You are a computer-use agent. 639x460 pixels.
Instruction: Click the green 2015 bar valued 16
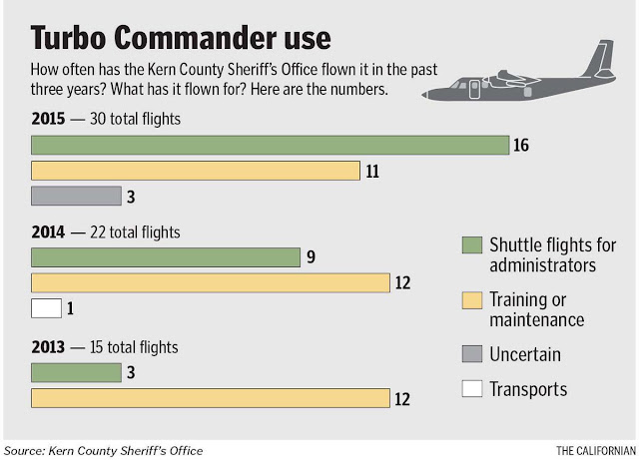point(271,145)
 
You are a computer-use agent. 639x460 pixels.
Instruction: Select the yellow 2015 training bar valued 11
point(196,171)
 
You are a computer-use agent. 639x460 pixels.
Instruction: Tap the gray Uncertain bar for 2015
point(76,196)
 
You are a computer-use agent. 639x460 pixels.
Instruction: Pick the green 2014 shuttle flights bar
point(166,257)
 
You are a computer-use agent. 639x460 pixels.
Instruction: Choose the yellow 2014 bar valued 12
point(211,282)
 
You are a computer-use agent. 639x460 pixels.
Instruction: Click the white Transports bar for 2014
point(47,308)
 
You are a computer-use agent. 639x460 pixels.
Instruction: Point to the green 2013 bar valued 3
point(76,373)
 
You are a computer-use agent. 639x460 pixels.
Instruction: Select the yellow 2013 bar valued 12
point(211,398)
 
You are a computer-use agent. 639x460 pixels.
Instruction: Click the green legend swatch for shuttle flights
point(472,245)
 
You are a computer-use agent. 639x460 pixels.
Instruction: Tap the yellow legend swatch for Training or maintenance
point(472,300)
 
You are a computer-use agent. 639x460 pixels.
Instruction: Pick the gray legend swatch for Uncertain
point(472,353)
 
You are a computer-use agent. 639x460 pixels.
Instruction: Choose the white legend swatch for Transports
point(472,389)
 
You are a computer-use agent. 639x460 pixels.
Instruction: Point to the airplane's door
point(474,89)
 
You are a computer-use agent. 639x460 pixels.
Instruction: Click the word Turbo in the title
point(69,38)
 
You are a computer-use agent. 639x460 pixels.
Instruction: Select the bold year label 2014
point(48,232)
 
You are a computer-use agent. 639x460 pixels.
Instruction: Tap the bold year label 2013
point(48,347)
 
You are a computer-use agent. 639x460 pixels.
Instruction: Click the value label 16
point(521,145)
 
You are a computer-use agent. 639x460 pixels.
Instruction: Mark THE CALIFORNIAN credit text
point(596,451)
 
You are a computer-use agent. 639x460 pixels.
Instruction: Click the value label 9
point(311,257)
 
